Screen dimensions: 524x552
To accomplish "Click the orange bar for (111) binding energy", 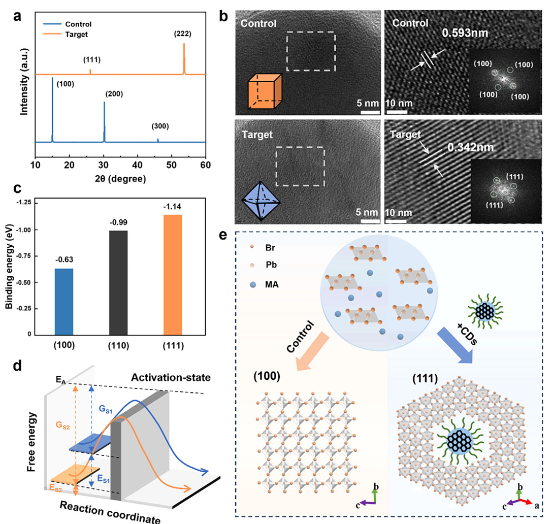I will [x=173, y=274].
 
